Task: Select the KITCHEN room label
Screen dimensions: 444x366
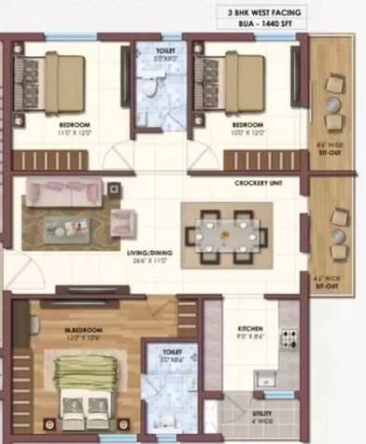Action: click(x=250, y=329)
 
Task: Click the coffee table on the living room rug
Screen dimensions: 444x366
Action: click(x=71, y=226)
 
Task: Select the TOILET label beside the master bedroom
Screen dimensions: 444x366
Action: click(x=172, y=353)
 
